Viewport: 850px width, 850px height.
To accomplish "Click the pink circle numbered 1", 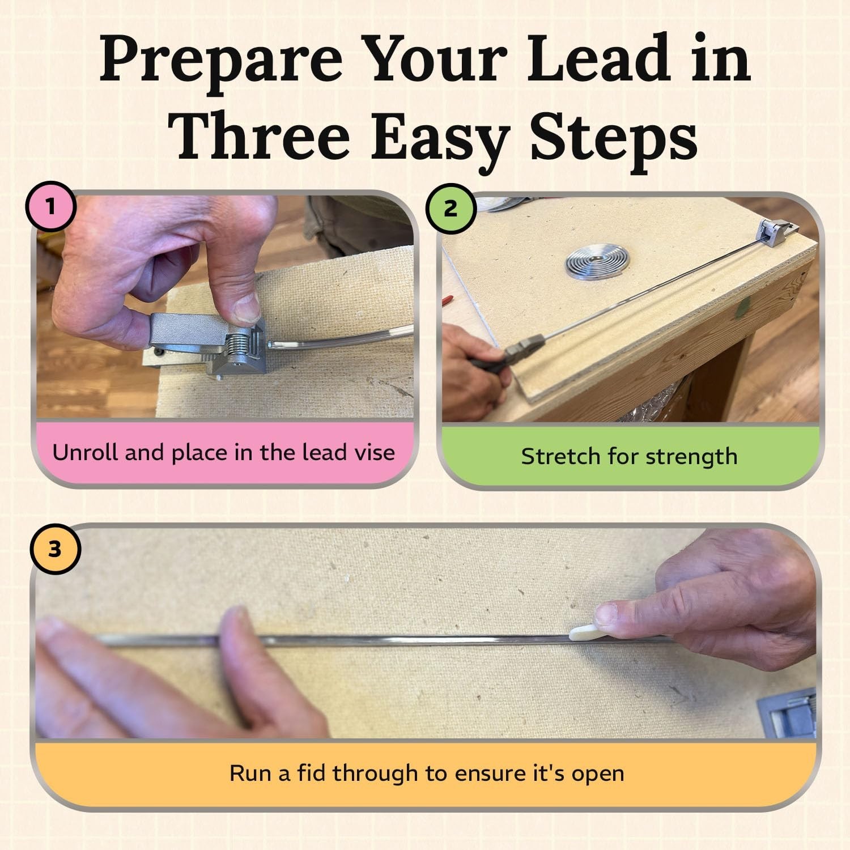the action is coord(50,207).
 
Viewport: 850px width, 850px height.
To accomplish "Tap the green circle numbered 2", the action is coord(450,209).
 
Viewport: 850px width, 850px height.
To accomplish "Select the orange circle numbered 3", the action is coord(54,549).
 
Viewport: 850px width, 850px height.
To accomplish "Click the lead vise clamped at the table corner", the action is coord(776,233).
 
